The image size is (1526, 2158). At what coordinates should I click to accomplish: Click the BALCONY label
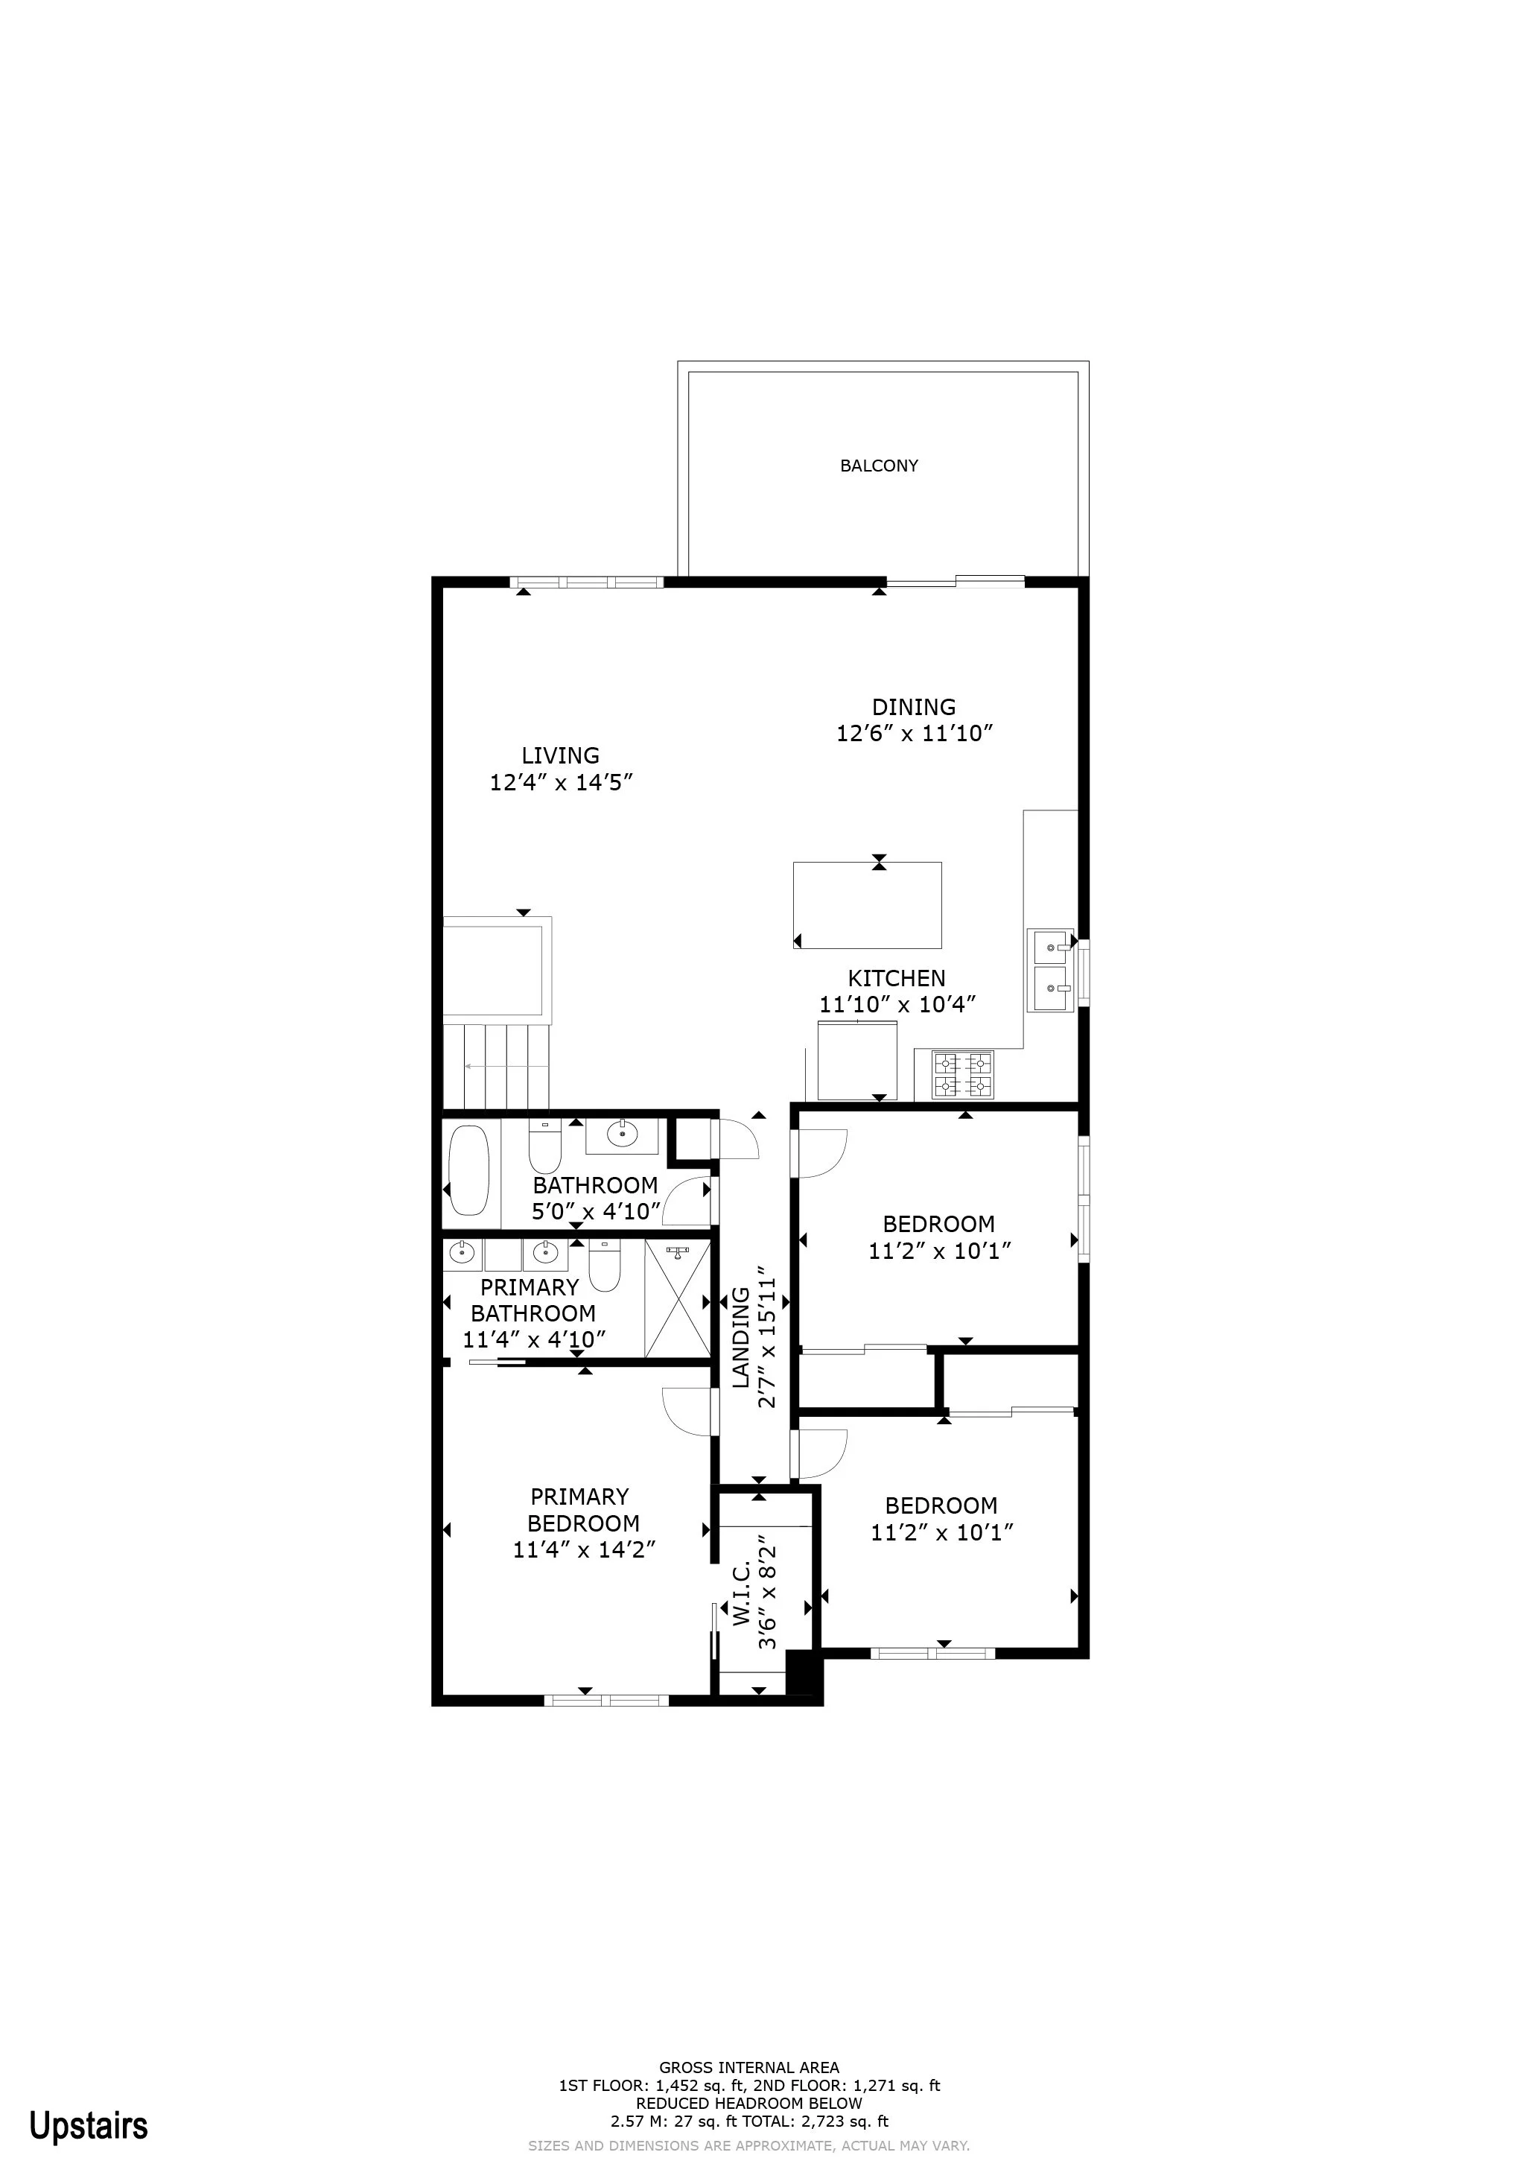[x=879, y=466]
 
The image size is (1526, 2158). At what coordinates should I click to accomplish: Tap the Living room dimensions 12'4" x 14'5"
[x=562, y=782]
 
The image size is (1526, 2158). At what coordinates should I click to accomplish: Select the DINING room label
[x=915, y=707]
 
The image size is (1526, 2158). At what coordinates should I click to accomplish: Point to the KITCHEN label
[x=897, y=977]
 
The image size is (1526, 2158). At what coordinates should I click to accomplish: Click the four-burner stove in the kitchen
[x=962, y=1074]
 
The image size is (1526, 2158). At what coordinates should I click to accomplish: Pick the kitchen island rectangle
[x=868, y=905]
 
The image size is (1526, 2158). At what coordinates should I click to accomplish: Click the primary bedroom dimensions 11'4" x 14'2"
[x=584, y=1549]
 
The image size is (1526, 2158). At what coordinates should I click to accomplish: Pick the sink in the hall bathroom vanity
[x=622, y=1135]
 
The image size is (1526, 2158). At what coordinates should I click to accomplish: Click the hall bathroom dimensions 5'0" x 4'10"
[x=596, y=1211]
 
